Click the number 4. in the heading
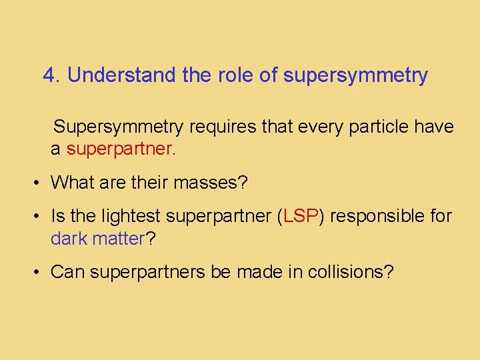click(51, 75)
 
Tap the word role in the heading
click(235, 75)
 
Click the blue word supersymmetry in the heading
click(355, 76)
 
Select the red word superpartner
click(119, 149)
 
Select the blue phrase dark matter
click(97, 238)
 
